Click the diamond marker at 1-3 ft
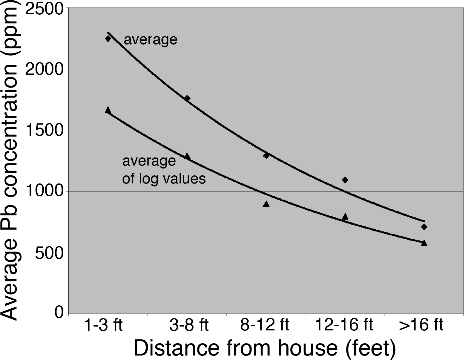pos(108,39)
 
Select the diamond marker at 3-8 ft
pos(187,98)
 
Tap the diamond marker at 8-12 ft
pos(266,155)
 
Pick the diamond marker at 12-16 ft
pos(345,180)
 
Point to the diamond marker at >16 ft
pos(424,227)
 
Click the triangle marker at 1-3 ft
pos(108,110)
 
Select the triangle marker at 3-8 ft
pos(187,156)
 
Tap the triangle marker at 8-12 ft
pos(266,204)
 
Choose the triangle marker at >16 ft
pos(424,243)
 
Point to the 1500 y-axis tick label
pos(45,131)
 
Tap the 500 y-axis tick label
pos(49,253)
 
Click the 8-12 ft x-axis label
pos(265,325)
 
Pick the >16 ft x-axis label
pos(421,325)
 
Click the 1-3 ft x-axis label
pos(103,325)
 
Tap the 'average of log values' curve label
pos(164,170)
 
